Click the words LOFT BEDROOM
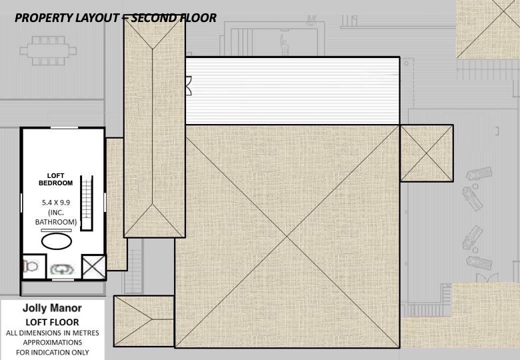[x=55, y=179]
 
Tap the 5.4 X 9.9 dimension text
[x=56, y=202]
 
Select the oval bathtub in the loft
[x=57, y=241]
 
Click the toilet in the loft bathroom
[x=31, y=266]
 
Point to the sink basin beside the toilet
[x=62, y=269]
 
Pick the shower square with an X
[x=93, y=267]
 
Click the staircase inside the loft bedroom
[x=87, y=203]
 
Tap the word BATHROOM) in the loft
[x=56, y=222]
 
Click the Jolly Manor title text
[x=52, y=308]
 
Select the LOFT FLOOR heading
[x=53, y=322]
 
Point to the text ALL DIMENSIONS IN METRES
[x=53, y=333]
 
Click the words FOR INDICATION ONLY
[x=53, y=353]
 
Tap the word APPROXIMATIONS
[x=53, y=343]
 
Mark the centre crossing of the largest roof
[x=287, y=237]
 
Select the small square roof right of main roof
[x=427, y=153]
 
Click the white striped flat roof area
[x=292, y=91]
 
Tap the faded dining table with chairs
[x=48, y=51]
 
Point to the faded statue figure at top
[x=285, y=45]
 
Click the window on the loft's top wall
[x=64, y=127]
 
